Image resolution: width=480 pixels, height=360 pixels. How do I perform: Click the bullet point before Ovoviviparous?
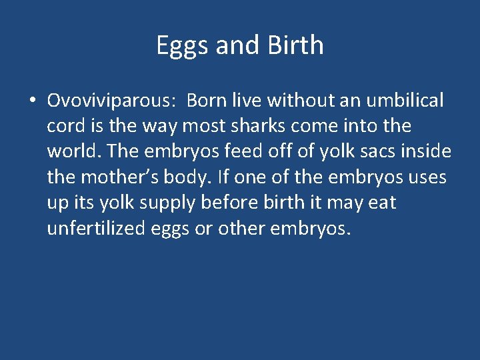(x=32, y=101)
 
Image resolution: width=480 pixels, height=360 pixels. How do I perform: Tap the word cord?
(x=64, y=126)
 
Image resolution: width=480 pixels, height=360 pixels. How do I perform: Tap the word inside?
(x=429, y=151)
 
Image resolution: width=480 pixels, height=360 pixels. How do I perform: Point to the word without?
(x=297, y=101)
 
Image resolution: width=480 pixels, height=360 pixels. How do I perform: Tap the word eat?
(x=382, y=202)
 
